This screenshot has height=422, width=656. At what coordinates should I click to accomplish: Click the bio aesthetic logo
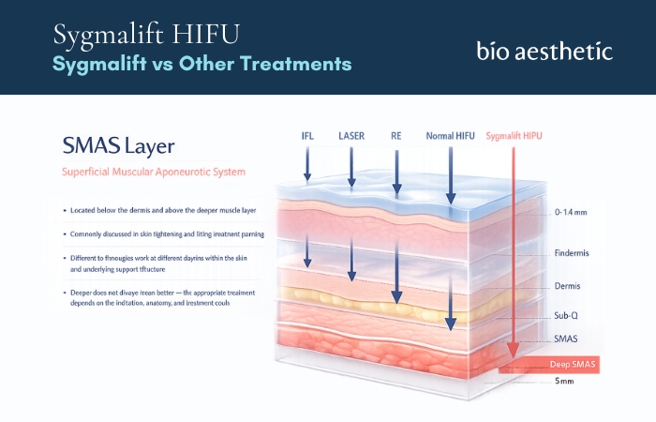tap(544, 50)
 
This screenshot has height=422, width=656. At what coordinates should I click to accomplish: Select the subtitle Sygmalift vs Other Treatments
tap(202, 64)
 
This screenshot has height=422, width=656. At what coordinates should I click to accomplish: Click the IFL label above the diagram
tap(306, 136)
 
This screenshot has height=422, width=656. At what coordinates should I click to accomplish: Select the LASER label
tap(351, 136)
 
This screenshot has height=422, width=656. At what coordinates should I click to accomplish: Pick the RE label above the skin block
tap(396, 136)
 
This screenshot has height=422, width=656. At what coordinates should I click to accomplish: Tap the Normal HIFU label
tap(450, 136)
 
